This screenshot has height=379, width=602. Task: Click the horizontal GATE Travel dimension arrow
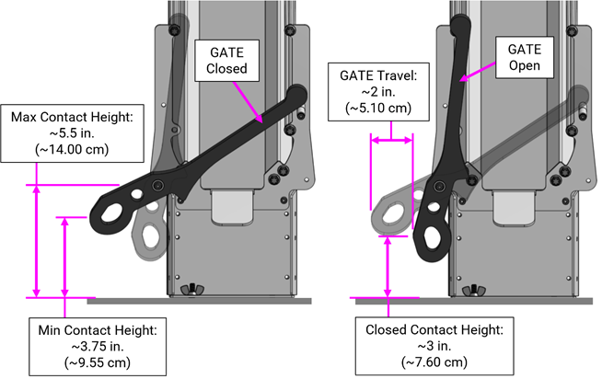pyautogui.click(x=391, y=141)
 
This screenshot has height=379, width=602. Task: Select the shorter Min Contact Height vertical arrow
pyautogui.click(x=64, y=258)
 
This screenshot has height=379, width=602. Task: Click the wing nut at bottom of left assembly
pyautogui.click(x=195, y=291)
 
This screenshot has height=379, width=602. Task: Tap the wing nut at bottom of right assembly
pyautogui.click(x=481, y=291)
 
